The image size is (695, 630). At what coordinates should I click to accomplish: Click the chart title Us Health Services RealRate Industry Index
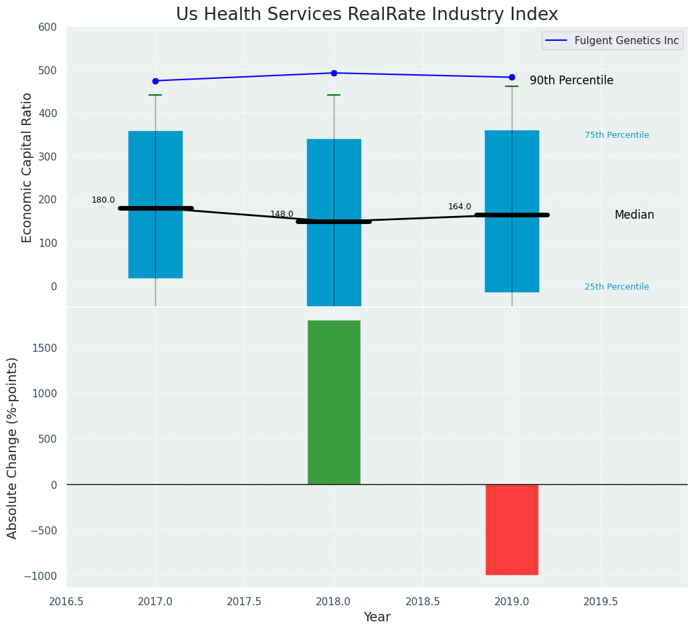(x=367, y=15)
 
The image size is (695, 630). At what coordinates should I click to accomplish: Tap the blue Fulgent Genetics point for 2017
(x=156, y=81)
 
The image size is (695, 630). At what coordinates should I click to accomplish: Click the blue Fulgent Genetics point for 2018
(x=334, y=73)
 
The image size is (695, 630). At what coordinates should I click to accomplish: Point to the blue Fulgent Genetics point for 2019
(x=512, y=78)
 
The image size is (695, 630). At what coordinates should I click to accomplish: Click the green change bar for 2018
(x=334, y=402)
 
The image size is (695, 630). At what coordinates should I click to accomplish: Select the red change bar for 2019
(x=512, y=529)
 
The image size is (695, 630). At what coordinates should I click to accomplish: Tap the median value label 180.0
(x=103, y=200)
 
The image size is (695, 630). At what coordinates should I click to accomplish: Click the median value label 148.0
(x=282, y=214)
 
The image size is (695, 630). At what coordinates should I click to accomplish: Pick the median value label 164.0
(x=460, y=207)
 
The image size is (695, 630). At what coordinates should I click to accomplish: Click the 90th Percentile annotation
(x=571, y=81)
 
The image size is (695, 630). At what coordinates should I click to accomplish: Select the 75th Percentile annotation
(x=617, y=135)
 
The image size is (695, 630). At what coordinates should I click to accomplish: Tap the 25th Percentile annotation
(x=617, y=287)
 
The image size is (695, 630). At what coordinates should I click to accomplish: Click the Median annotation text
(x=634, y=215)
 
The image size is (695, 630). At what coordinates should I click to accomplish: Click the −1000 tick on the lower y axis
(x=41, y=576)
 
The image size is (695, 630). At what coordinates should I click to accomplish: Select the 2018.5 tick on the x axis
(x=423, y=601)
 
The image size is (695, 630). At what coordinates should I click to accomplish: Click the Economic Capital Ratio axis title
(x=27, y=167)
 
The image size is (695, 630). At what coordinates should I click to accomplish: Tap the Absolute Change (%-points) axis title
(x=13, y=447)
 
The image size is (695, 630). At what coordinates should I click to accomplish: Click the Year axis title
(x=377, y=617)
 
